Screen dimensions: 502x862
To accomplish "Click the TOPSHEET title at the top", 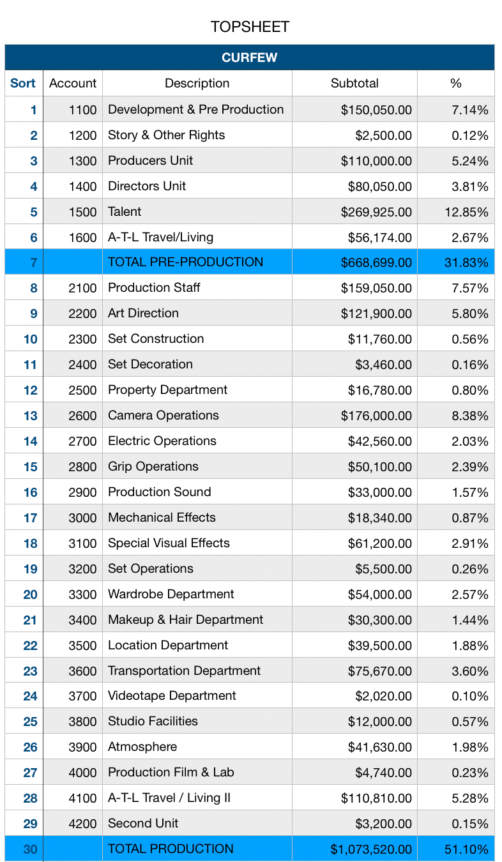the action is (250, 27).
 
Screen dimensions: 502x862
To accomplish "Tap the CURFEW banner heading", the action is (250, 57).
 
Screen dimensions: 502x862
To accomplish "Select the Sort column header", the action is (23, 83).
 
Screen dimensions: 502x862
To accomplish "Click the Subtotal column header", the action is (354, 83).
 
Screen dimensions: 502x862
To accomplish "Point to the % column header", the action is (456, 83).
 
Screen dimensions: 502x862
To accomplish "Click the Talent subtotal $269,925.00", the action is (376, 212).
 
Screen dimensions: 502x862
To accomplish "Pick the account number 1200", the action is (82, 135).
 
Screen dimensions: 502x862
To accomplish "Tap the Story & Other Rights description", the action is (166, 135).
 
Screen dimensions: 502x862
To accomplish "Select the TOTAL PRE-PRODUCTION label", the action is (186, 262).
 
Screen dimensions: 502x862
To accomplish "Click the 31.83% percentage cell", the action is (466, 262).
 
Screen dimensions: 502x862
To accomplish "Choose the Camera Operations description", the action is (164, 415).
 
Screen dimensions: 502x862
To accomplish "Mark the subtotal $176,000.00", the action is (376, 416).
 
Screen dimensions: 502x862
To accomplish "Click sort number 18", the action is (31, 543).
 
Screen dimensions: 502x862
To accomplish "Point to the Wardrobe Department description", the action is (171, 594).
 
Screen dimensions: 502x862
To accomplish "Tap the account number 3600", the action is (82, 671).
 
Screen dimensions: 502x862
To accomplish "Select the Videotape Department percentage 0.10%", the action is (470, 696).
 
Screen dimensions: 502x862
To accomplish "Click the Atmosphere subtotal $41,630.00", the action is (379, 747).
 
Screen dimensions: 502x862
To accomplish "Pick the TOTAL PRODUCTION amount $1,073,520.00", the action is (371, 849).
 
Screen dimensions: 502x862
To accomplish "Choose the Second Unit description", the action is (143, 823).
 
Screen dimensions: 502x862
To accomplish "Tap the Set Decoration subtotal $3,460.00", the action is (383, 365).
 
